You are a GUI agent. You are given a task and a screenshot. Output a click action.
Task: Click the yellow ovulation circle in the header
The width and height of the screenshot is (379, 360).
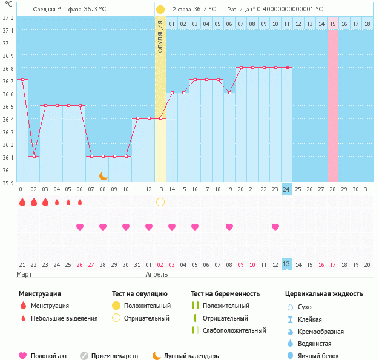click(x=160, y=10)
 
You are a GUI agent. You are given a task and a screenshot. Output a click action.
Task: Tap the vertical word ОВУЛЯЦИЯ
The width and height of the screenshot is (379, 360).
click(x=160, y=36)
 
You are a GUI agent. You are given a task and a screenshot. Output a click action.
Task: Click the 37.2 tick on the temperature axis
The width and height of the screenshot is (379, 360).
click(x=8, y=18)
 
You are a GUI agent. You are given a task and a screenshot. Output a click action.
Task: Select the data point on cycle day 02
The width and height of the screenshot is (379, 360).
click(x=34, y=156)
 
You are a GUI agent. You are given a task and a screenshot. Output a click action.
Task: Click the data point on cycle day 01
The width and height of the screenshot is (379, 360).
click(x=22, y=79)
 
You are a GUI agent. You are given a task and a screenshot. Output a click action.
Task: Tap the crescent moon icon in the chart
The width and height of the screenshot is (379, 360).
click(x=104, y=175)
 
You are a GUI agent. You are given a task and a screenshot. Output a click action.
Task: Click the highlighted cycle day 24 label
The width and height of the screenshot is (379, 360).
click(x=286, y=189)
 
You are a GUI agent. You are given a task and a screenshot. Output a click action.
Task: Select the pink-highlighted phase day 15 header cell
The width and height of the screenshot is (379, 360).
click(x=332, y=24)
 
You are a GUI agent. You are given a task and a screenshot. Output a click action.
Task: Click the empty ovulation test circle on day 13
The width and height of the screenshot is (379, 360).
click(x=160, y=201)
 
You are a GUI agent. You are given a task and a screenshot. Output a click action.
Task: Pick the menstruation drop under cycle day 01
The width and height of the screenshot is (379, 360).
click(x=22, y=201)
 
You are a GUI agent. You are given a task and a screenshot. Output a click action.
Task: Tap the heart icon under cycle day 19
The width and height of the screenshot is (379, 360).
click(x=229, y=227)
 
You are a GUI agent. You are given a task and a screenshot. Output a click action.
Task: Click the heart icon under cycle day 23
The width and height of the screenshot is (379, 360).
click(x=275, y=227)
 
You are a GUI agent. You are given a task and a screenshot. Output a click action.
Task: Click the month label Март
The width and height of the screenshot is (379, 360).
click(x=25, y=274)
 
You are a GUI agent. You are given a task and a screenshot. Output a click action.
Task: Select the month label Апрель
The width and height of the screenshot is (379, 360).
click(x=156, y=274)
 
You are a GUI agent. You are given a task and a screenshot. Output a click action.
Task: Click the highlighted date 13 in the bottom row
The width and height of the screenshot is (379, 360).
click(x=286, y=264)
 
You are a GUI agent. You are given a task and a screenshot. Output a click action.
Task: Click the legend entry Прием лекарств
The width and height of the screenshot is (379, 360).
click(x=114, y=356)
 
